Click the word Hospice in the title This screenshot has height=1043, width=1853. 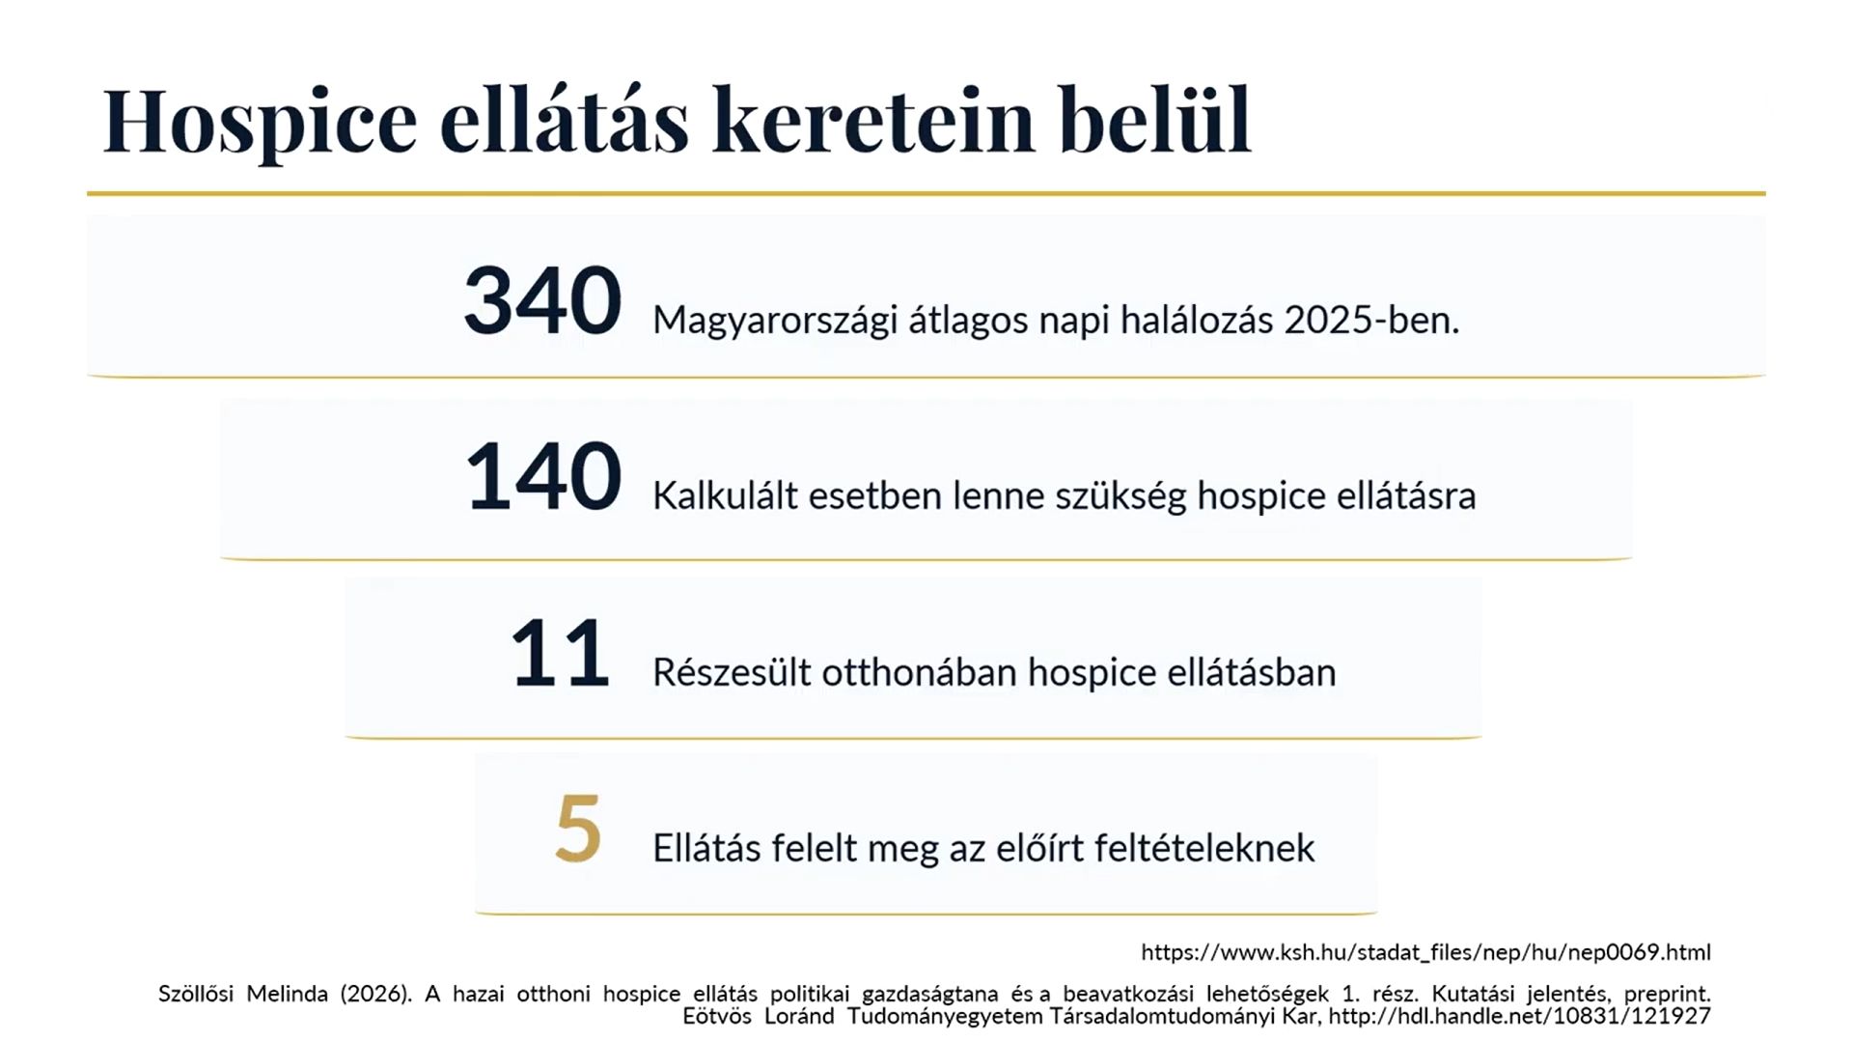261,122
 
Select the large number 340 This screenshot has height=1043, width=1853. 542,300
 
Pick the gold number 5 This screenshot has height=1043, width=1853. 578,829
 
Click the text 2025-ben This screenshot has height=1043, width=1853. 1371,320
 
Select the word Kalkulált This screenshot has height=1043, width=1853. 725,495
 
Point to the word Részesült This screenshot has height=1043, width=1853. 732,672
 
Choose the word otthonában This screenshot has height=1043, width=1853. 919,672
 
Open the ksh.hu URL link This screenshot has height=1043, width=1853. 1425,952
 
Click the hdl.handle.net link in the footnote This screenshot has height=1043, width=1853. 1519,1016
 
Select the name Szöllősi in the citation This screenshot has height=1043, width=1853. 196,994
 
